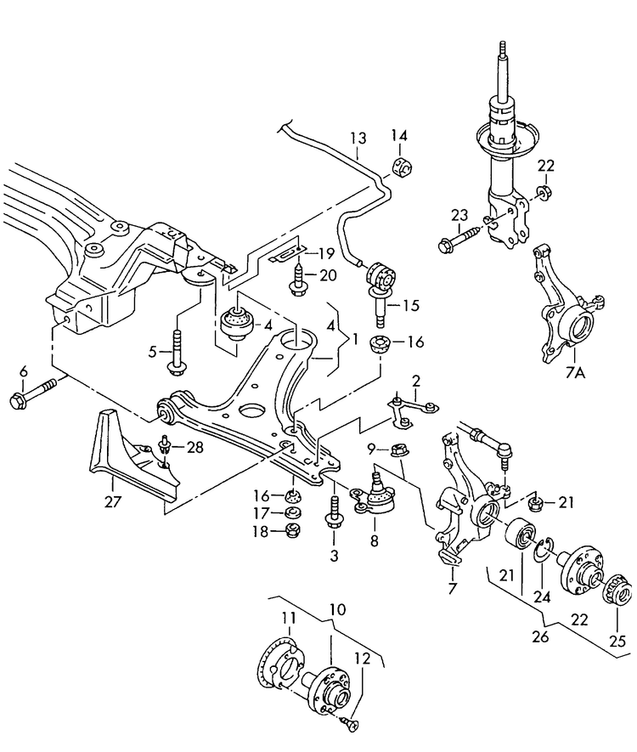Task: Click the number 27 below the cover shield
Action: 112,502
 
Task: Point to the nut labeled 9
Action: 396,450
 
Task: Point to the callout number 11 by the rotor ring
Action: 288,617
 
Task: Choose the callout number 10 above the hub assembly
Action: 339,609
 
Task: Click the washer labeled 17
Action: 291,513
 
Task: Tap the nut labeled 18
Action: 291,532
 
